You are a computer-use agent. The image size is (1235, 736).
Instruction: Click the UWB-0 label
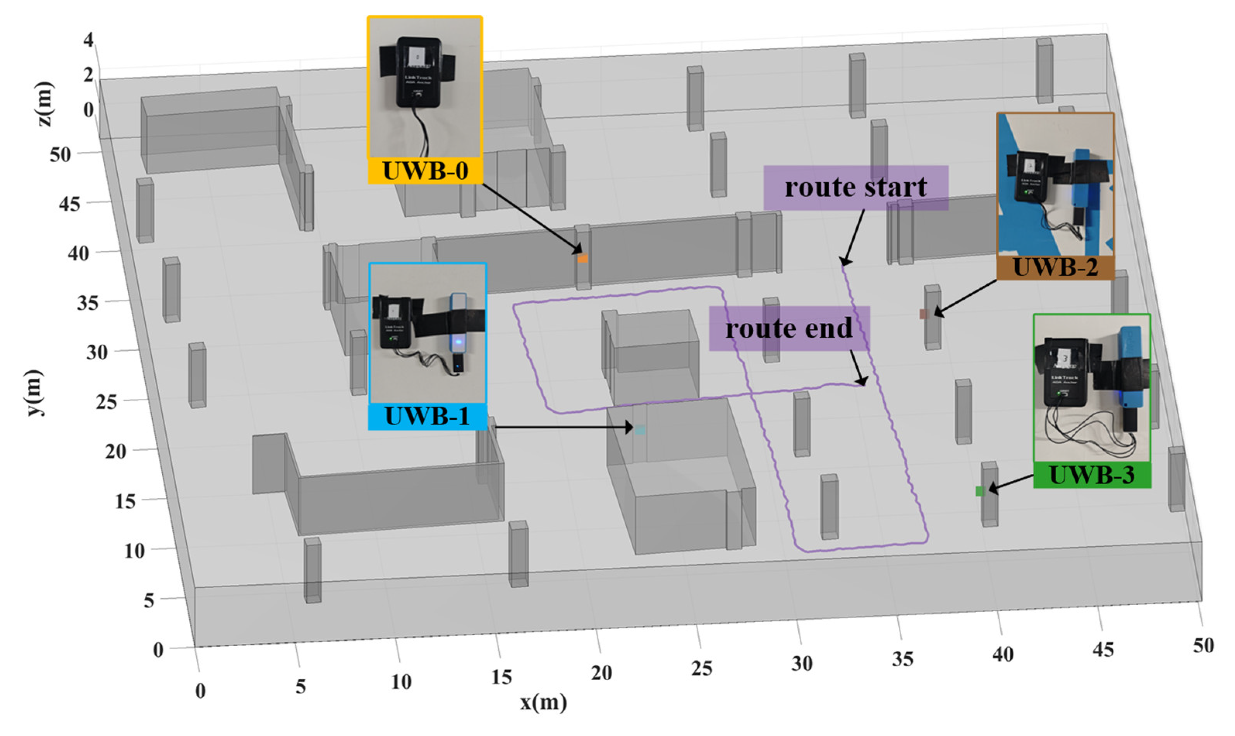coord(425,171)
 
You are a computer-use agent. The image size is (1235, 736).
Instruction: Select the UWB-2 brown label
coord(1055,267)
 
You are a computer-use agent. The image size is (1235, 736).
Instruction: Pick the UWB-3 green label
coord(1092,475)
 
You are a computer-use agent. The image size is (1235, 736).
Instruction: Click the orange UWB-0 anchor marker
coord(583,258)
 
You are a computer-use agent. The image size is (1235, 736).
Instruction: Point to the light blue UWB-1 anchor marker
coord(640,430)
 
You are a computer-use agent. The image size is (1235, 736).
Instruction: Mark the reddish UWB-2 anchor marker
coord(924,314)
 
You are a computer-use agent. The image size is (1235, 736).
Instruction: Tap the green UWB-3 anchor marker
coord(979,491)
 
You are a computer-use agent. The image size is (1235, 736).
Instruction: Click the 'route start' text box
coord(855,187)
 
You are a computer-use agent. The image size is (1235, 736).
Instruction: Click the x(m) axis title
coord(543,702)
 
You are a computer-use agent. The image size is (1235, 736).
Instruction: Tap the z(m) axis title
coord(45,104)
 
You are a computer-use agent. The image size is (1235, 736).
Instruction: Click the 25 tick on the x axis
coord(702,669)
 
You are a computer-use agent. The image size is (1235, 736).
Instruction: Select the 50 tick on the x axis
coord(1203,645)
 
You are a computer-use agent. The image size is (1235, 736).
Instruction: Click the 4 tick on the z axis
coord(88,39)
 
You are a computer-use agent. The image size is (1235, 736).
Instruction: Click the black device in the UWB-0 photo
coord(419,72)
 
